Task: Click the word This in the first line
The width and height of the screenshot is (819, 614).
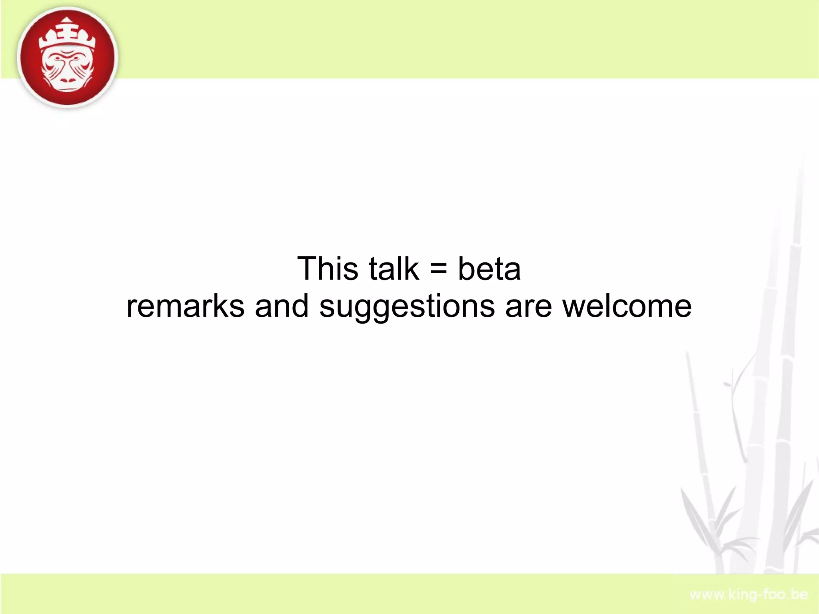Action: click(328, 268)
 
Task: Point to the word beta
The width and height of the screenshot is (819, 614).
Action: click(489, 268)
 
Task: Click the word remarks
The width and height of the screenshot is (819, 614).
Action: click(185, 306)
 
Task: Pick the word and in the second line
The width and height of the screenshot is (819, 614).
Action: click(282, 306)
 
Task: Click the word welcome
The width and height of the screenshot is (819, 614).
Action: click(627, 306)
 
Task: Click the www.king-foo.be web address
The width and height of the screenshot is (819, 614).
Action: click(749, 594)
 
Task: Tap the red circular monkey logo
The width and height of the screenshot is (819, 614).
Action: click(68, 57)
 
